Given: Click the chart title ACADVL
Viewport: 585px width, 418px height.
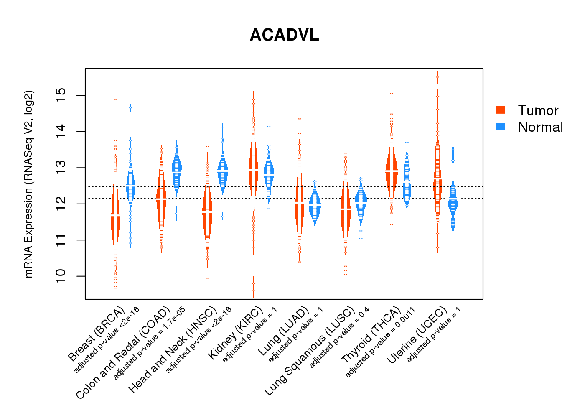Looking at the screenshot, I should pos(284,35).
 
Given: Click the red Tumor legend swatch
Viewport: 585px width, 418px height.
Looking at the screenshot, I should pos(501,110).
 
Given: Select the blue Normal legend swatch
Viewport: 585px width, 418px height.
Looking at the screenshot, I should pos(501,127).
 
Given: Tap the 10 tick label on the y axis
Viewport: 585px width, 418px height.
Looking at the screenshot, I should pos(61,276).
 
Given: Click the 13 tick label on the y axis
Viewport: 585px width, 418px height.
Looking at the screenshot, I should pos(61,168).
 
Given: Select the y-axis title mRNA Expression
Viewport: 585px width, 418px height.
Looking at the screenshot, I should pos(28,184).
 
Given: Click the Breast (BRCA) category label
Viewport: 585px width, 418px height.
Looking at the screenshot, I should pos(97,334).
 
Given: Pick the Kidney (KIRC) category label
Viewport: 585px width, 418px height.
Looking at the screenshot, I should pos(236,333).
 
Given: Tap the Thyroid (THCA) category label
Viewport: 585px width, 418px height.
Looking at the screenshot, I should pos(371,335).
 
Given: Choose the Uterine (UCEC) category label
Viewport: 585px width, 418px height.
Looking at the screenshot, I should pos(417,335).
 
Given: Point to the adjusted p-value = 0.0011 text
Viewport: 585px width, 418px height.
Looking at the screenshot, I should pos(381,342).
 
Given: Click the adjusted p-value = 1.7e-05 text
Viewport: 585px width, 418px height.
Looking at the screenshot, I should pos(149,343).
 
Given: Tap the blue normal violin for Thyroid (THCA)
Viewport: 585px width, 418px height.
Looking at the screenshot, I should pos(407,184).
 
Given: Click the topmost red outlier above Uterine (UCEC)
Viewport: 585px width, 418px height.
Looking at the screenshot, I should pos(437,77).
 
